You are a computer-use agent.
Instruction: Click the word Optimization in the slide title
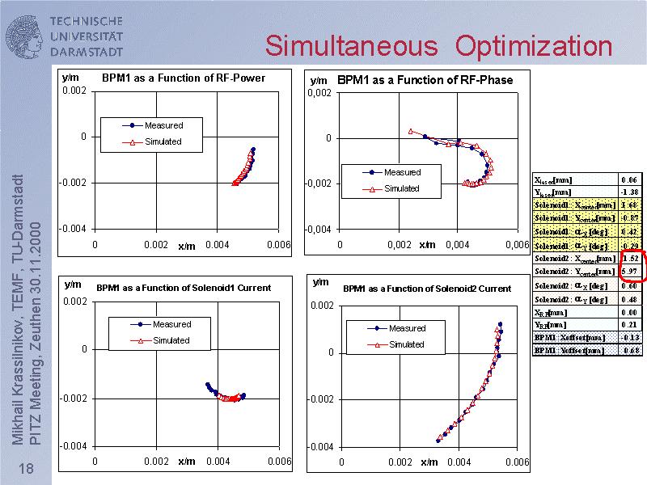point(534,45)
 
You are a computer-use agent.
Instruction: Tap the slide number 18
point(25,470)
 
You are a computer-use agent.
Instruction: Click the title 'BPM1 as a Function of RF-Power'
point(183,78)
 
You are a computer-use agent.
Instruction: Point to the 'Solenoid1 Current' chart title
point(184,288)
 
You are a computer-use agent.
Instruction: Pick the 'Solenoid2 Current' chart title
point(427,289)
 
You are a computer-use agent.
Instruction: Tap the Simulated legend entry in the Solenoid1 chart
point(171,340)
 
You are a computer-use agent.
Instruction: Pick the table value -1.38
point(629,192)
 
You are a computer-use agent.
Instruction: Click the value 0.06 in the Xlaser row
point(629,179)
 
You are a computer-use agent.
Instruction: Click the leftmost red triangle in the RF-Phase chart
point(411,131)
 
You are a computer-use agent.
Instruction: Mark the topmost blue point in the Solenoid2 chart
point(500,324)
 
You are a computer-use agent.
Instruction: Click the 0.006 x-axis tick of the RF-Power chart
point(278,244)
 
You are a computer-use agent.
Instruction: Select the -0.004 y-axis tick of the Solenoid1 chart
point(76,446)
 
